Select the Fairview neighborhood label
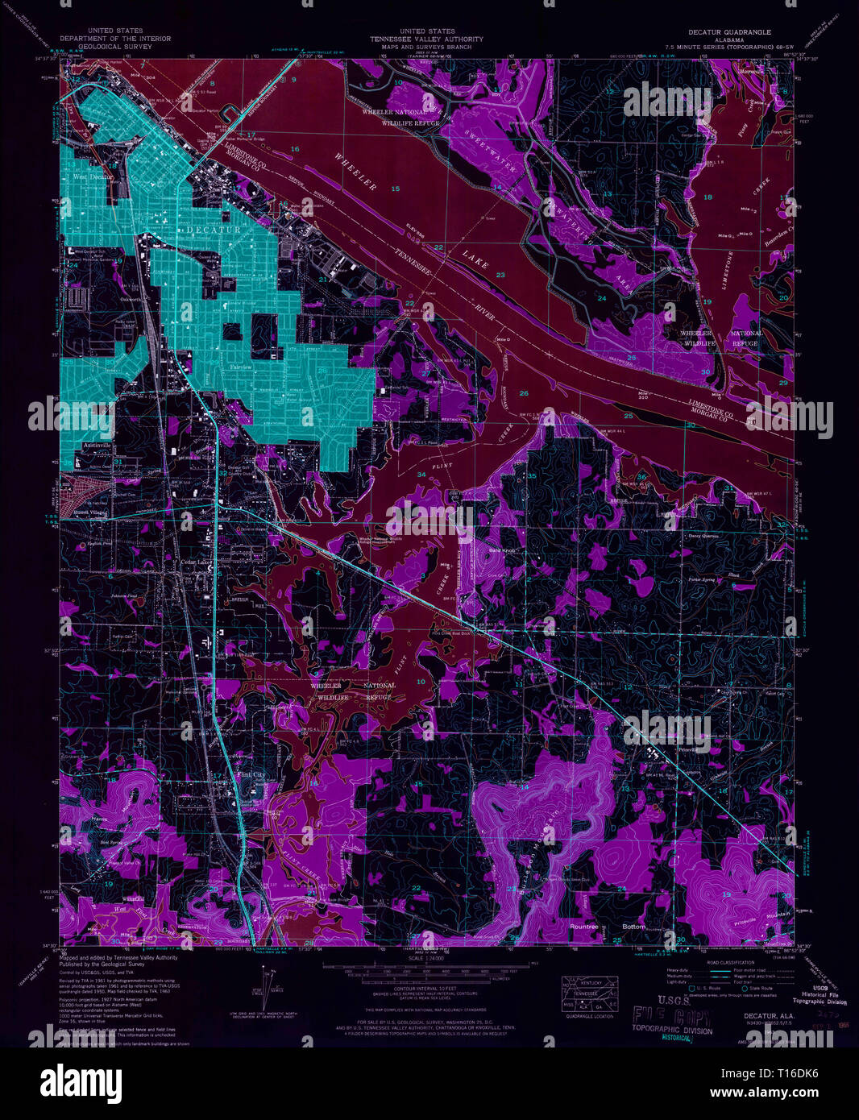242,367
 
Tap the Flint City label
249,774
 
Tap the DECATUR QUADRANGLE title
728,32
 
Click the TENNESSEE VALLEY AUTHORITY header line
426,39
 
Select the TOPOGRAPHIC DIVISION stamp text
673,1031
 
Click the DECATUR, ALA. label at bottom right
769,1016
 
